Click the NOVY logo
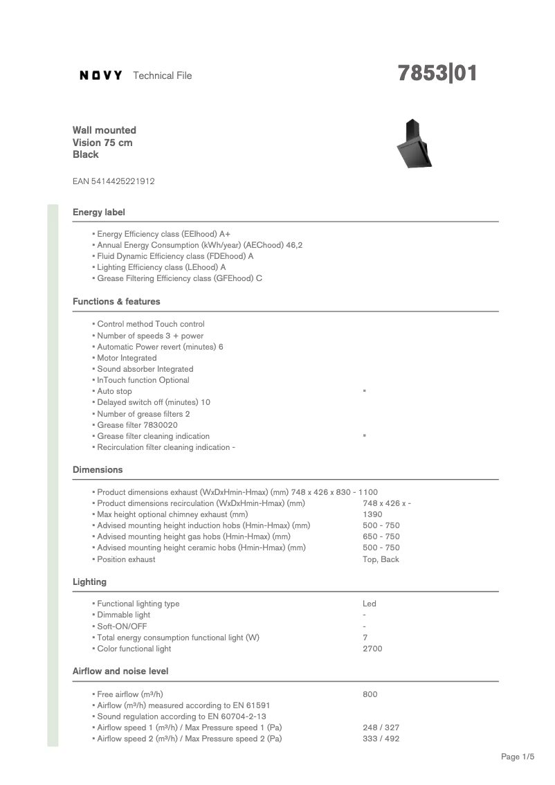pos(101,75)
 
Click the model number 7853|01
pos(437,73)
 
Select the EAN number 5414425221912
pos(113,181)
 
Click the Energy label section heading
pos(99,212)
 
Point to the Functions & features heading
pos(116,302)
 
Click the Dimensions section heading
pos(98,470)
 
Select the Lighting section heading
pos(90,582)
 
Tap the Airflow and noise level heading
pos(120,671)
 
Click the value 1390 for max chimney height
pos(372,514)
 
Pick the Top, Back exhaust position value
pos(381,559)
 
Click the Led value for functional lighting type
pos(370,604)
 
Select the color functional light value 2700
pos(372,649)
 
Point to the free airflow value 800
pos(370,694)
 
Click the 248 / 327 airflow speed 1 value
pos(381,728)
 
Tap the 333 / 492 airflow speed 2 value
pos(381,739)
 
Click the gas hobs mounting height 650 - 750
pos(381,536)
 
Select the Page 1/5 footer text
pos(518,757)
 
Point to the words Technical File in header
pos(162,75)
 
